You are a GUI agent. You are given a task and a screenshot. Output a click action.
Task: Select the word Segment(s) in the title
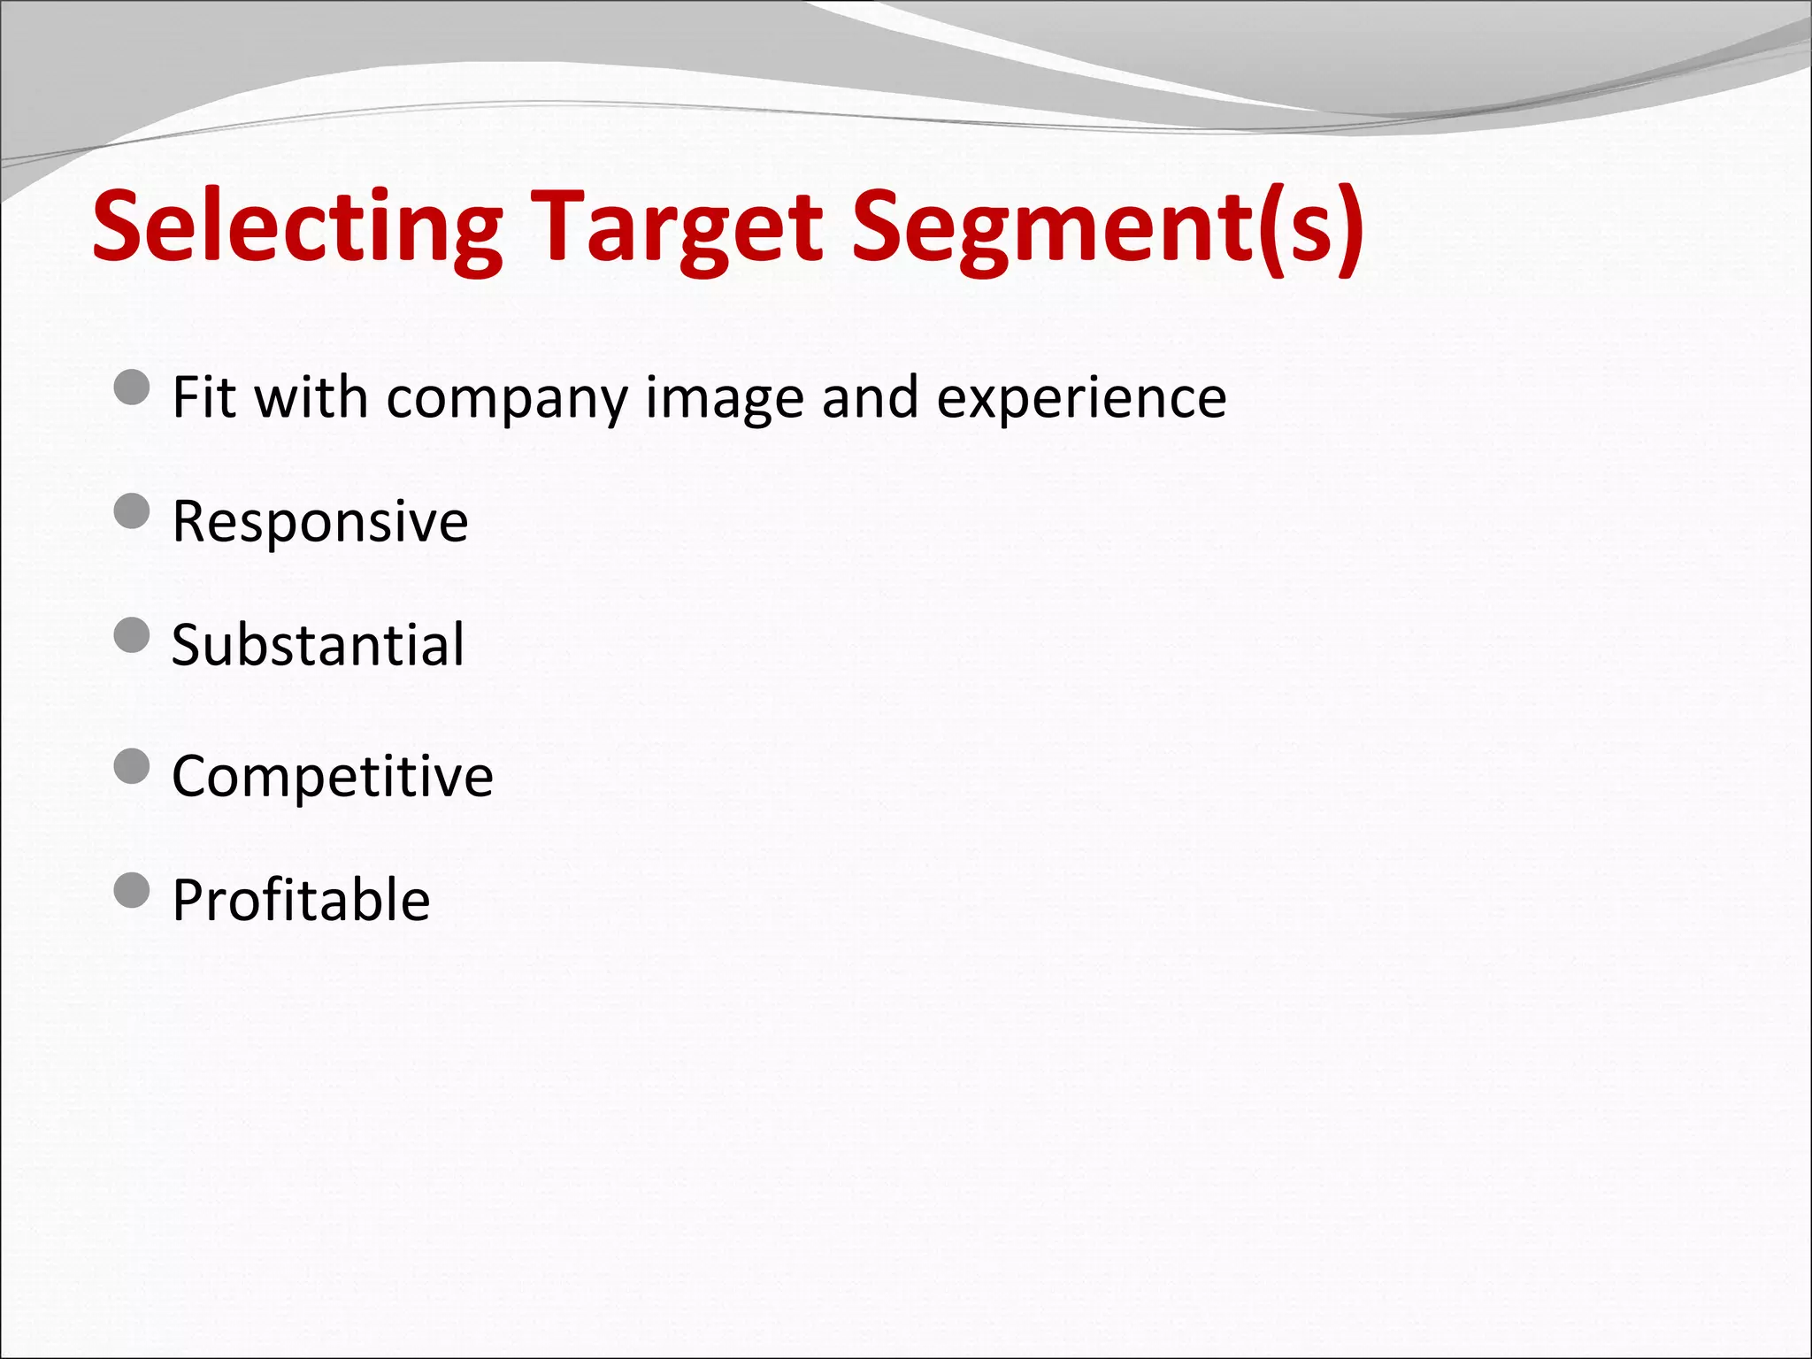[1107, 227]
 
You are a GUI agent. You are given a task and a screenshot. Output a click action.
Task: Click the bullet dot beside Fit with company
[133, 388]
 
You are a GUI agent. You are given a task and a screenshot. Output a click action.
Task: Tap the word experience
[1081, 398]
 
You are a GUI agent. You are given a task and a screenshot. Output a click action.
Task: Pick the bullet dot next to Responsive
[133, 511]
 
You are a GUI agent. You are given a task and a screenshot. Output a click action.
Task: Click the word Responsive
[319, 521]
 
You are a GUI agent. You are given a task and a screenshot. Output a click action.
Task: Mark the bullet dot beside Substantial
[133, 634]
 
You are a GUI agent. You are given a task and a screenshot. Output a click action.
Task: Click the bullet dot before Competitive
[133, 766]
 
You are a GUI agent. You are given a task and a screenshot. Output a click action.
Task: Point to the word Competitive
[332, 776]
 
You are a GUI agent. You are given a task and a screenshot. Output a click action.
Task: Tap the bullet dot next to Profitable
[133, 890]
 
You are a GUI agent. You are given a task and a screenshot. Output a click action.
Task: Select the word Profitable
[301, 900]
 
